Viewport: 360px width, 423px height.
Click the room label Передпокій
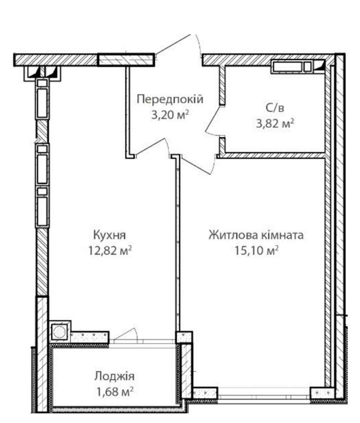click(x=170, y=99)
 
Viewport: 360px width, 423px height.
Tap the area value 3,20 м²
click(x=170, y=115)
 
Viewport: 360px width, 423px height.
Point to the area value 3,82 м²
click(x=275, y=124)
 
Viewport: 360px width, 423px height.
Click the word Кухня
click(x=110, y=236)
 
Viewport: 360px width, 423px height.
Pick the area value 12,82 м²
click(x=110, y=251)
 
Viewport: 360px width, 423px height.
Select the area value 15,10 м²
click(x=256, y=251)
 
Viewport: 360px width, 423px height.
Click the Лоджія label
click(x=114, y=376)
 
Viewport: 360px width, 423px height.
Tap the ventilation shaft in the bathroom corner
click(x=292, y=67)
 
